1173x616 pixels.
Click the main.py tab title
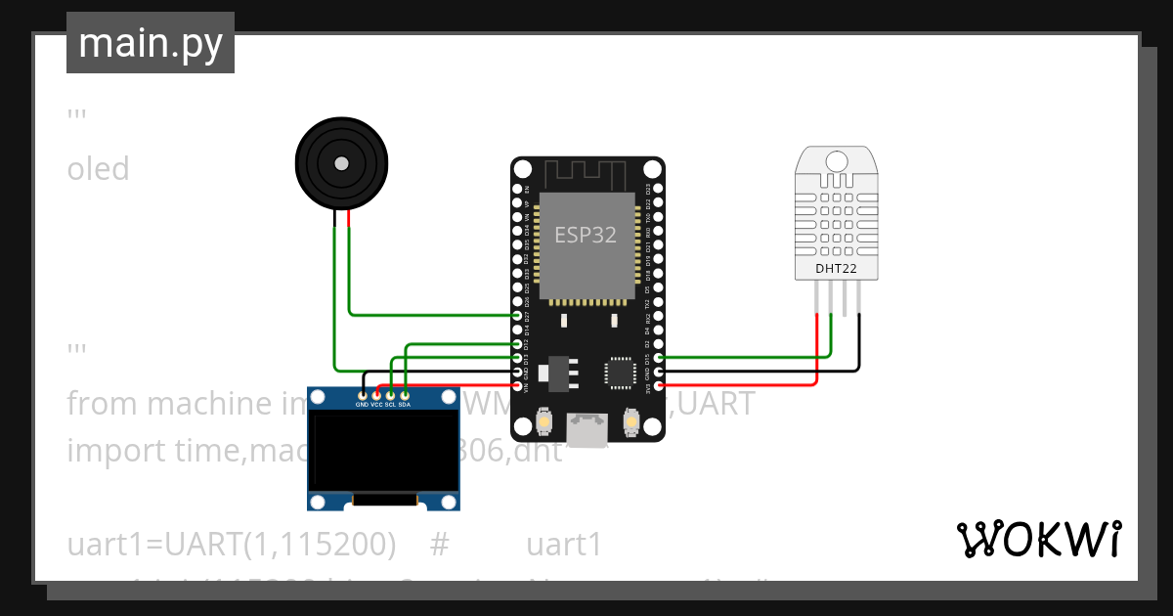[150, 44]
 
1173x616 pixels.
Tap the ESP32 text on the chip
[586, 235]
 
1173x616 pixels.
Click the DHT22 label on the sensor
[836, 267]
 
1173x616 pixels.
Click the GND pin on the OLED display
[362, 395]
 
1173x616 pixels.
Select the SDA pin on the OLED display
[405, 395]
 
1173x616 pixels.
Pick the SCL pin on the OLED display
[390, 395]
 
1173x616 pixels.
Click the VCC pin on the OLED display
[376, 395]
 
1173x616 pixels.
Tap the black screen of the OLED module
[383, 450]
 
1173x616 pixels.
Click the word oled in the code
[98, 169]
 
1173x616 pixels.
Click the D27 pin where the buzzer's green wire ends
[518, 316]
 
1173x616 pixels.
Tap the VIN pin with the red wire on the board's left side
[518, 386]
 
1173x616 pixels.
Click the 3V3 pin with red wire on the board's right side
[658, 386]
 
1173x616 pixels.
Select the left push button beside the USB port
[544, 423]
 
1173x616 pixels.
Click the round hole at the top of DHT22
[836, 159]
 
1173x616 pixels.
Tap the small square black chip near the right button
[620, 373]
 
